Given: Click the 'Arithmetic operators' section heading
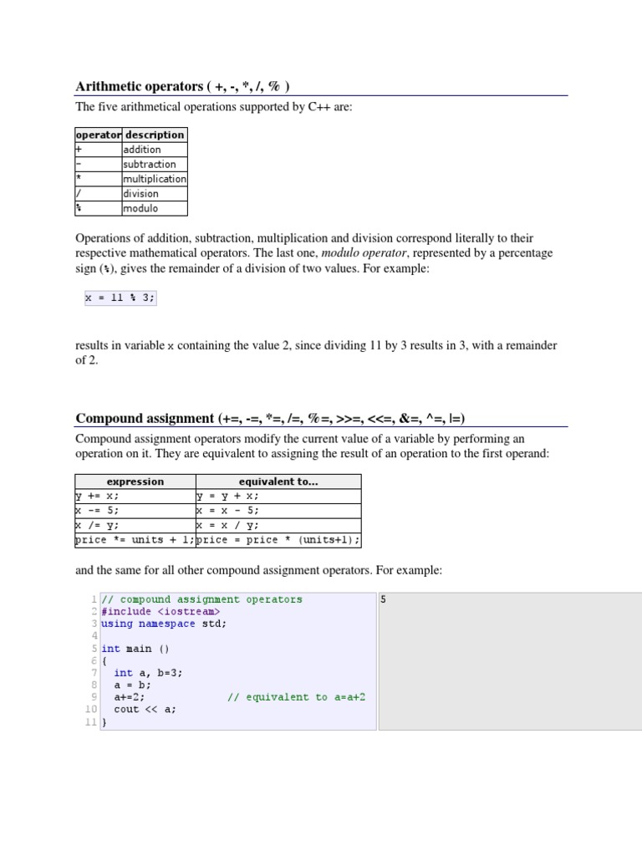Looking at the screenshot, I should [x=183, y=87].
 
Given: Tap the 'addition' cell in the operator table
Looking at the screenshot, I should [x=142, y=150].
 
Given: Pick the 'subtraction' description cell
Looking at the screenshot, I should [x=150, y=165].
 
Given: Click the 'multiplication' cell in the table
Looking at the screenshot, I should [x=155, y=179].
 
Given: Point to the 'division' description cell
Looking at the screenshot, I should [x=140, y=194].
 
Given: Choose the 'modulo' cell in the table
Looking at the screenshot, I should [x=140, y=208].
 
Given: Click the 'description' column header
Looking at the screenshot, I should [x=155, y=135].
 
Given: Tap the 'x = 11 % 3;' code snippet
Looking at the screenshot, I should [x=120, y=298].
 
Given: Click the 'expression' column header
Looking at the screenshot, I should [x=135, y=481].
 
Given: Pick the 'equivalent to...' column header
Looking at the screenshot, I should [x=278, y=481].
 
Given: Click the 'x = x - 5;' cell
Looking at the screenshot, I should [x=227, y=511].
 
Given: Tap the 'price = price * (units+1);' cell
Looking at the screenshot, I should [x=278, y=540].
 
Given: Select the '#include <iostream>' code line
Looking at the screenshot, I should [x=160, y=611].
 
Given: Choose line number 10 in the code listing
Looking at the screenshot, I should [x=91, y=709].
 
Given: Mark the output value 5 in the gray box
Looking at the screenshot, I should [x=383, y=599].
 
